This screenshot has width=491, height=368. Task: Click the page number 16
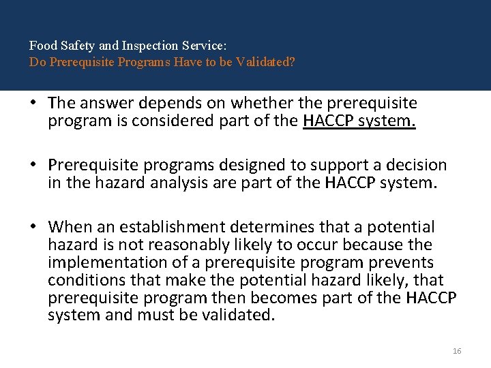point(457,350)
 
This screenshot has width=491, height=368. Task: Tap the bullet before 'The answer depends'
point(32,104)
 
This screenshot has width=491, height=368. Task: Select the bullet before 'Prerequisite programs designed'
point(32,166)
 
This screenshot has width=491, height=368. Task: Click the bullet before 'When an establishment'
point(32,227)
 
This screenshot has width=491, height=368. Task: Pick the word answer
point(104,104)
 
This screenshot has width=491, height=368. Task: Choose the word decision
point(415,166)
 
